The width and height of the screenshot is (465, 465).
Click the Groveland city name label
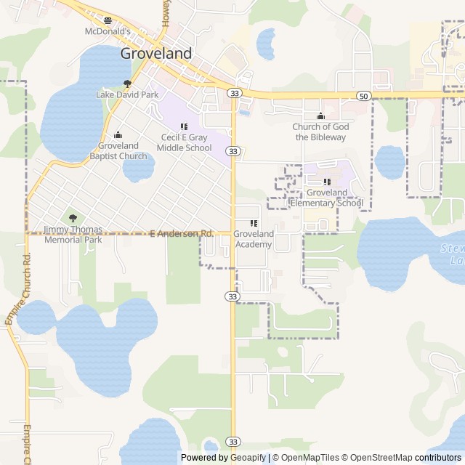(156, 53)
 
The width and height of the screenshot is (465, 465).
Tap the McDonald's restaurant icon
(108, 21)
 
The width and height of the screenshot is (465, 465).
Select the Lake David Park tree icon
(128, 84)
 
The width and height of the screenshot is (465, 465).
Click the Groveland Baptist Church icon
(118, 134)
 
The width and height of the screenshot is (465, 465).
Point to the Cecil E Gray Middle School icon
(184, 126)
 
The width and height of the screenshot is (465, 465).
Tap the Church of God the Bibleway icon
(320, 116)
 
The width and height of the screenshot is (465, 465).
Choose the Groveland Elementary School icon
(326, 182)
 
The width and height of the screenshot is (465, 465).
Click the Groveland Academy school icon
(254, 223)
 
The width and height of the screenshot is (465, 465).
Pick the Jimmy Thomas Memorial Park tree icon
(72, 218)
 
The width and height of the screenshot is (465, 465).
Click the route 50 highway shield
(363, 96)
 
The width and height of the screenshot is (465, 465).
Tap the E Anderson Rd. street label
(182, 233)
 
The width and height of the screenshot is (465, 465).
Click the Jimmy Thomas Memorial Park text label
(73, 234)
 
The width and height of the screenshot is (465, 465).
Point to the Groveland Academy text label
(254, 239)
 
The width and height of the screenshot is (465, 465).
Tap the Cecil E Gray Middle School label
(187, 142)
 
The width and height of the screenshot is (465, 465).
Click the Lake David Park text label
(127, 95)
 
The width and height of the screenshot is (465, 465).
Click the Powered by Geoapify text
(223, 458)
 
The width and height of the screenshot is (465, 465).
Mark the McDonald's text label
(108, 32)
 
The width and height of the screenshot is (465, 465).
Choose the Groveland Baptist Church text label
(118, 150)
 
